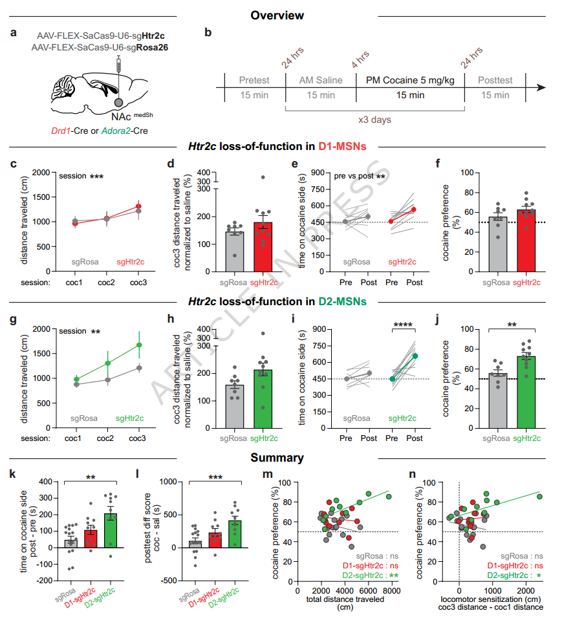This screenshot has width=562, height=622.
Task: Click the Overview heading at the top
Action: (277, 15)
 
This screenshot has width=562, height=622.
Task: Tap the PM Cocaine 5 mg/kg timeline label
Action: (410, 80)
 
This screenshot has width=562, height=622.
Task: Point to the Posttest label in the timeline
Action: (495, 80)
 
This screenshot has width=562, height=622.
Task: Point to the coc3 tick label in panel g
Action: (136, 438)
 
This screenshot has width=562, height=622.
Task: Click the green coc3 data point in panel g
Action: (136, 345)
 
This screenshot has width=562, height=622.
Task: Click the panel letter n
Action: (413, 475)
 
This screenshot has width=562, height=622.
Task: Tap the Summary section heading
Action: (277, 458)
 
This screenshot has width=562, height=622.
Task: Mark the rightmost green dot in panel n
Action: (539, 497)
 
